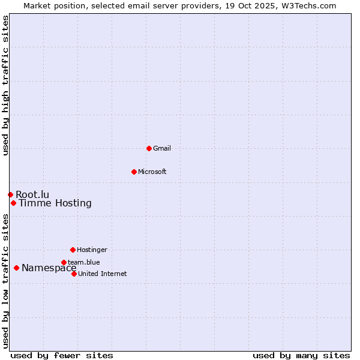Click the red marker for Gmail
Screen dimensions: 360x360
click(x=149, y=148)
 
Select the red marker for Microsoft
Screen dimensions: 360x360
click(x=134, y=172)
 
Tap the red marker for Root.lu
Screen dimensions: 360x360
click(x=10, y=194)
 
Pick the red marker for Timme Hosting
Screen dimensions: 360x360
click(x=13, y=203)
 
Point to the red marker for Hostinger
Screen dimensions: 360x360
click(x=73, y=250)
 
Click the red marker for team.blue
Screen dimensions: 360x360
click(x=64, y=262)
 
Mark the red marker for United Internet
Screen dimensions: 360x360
click(x=74, y=274)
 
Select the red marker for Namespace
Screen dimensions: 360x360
click(x=16, y=268)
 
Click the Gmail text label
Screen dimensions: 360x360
click(x=162, y=148)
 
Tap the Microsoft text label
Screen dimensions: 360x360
click(x=152, y=172)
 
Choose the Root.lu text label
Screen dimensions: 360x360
click(x=32, y=194)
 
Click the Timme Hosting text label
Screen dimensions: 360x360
click(x=55, y=203)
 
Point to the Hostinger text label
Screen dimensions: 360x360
click(x=92, y=250)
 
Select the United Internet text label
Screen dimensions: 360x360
click(x=103, y=274)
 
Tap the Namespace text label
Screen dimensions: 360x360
click(x=49, y=268)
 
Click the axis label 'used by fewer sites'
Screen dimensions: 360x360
click(x=62, y=355)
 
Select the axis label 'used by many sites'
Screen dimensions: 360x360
click(x=301, y=355)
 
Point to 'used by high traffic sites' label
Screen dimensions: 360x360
click(x=6, y=85)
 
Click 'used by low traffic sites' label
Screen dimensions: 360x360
click(x=6, y=281)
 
